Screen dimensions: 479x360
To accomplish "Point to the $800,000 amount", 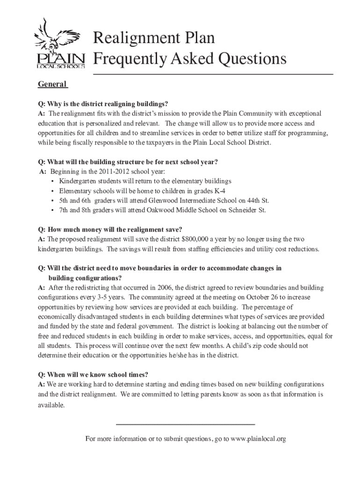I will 202,239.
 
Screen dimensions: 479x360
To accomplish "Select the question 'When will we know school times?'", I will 94,375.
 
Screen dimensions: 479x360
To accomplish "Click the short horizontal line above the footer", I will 185,424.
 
